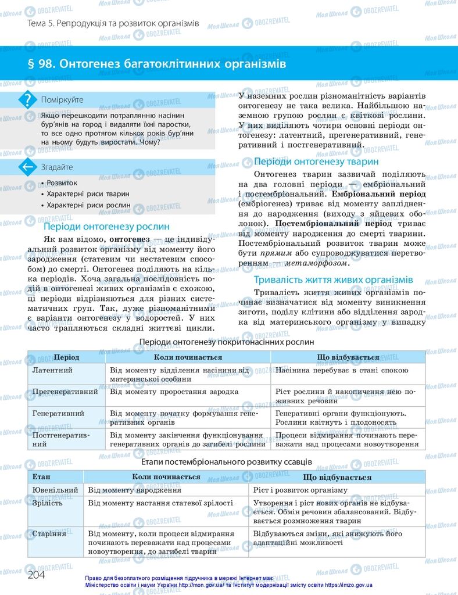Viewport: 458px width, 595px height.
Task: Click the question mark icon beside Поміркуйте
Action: (x=27, y=100)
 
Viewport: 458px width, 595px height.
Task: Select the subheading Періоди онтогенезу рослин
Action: (x=107, y=227)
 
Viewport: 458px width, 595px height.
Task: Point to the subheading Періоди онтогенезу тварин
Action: (x=316, y=162)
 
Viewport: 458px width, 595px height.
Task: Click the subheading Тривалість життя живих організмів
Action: (x=334, y=279)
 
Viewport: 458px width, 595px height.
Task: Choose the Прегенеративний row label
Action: (x=65, y=392)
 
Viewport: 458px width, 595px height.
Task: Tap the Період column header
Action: (x=66, y=357)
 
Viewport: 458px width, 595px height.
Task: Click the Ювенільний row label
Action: (x=55, y=490)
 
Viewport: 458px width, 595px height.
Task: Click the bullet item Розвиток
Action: (x=62, y=182)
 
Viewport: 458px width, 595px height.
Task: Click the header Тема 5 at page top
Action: (x=113, y=24)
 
